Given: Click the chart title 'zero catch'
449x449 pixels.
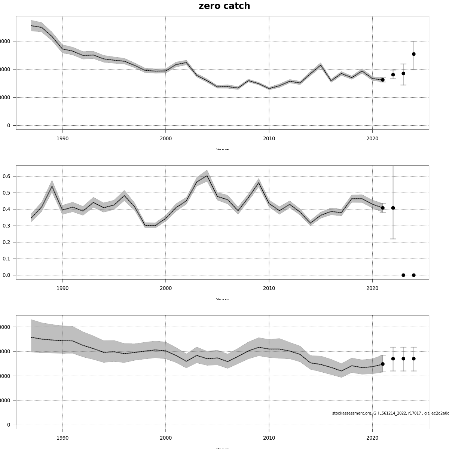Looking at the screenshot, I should click(x=224, y=6).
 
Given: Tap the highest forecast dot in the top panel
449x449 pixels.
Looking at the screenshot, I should click(x=413, y=54).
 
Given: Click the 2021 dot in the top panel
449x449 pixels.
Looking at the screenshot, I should click(x=382, y=80).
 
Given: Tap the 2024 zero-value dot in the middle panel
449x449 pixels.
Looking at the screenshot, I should click(x=413, y=275).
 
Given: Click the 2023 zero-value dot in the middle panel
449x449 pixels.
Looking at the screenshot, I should click(x=403, y=275).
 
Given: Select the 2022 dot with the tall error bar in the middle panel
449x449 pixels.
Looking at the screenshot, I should click(x=393, y=208).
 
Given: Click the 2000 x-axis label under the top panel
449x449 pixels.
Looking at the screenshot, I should click(x=165, y=138).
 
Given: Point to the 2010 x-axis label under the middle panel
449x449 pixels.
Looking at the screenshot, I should click(x=269, y=288).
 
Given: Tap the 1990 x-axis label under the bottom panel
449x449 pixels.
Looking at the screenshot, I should click(x=62, y=438).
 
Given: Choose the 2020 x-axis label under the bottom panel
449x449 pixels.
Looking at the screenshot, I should click(x=372, y=438).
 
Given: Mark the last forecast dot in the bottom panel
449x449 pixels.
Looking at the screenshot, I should click(x=413, y=358).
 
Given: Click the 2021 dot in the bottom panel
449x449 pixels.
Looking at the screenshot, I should click(x=382, y=364).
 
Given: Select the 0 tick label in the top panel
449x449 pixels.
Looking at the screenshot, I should click(x=9, y=125).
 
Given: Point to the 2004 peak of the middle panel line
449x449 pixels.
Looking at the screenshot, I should click(x=207, y=176).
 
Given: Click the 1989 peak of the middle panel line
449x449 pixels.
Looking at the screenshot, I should click(x=52, y=186).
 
